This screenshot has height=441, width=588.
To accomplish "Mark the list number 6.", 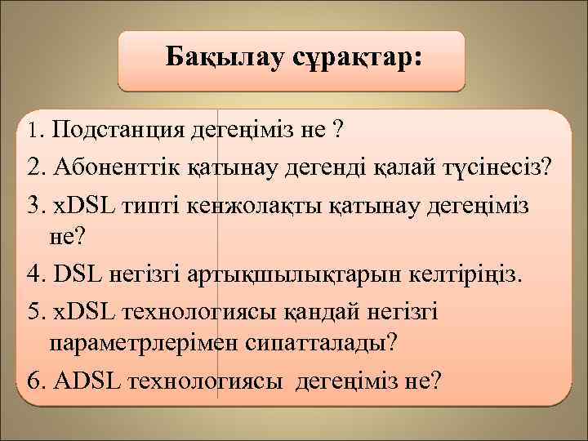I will coord(34,381).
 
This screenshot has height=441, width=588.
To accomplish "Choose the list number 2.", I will coord(34,168).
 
